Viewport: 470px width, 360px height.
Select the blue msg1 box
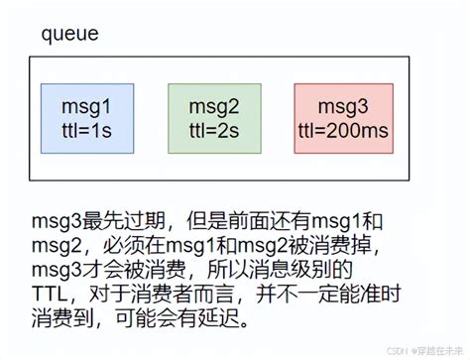86,116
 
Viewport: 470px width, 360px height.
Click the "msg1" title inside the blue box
86,105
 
